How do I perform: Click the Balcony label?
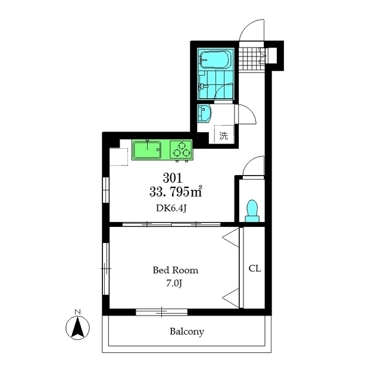coord(187,332)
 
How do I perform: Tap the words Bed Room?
coord(176,270)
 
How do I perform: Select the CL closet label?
coord(255,268)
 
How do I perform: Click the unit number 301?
coord(173,178)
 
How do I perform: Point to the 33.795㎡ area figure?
coord(176,192)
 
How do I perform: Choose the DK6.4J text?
coord(171,208)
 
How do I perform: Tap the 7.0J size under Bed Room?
coord(174,283)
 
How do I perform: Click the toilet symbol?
coord(252,211)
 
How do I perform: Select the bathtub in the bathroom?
coord(216,60)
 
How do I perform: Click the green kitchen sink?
coord(147,150)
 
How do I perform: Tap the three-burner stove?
coord(181,150)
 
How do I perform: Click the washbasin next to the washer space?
coord(204,114)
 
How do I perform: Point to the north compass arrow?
coord(78,328)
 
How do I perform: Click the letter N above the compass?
coord(78,312)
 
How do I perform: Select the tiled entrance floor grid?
coord(251,58)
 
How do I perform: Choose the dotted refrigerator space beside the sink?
coord(119,157)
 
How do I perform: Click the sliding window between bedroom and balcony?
coord(161,312)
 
